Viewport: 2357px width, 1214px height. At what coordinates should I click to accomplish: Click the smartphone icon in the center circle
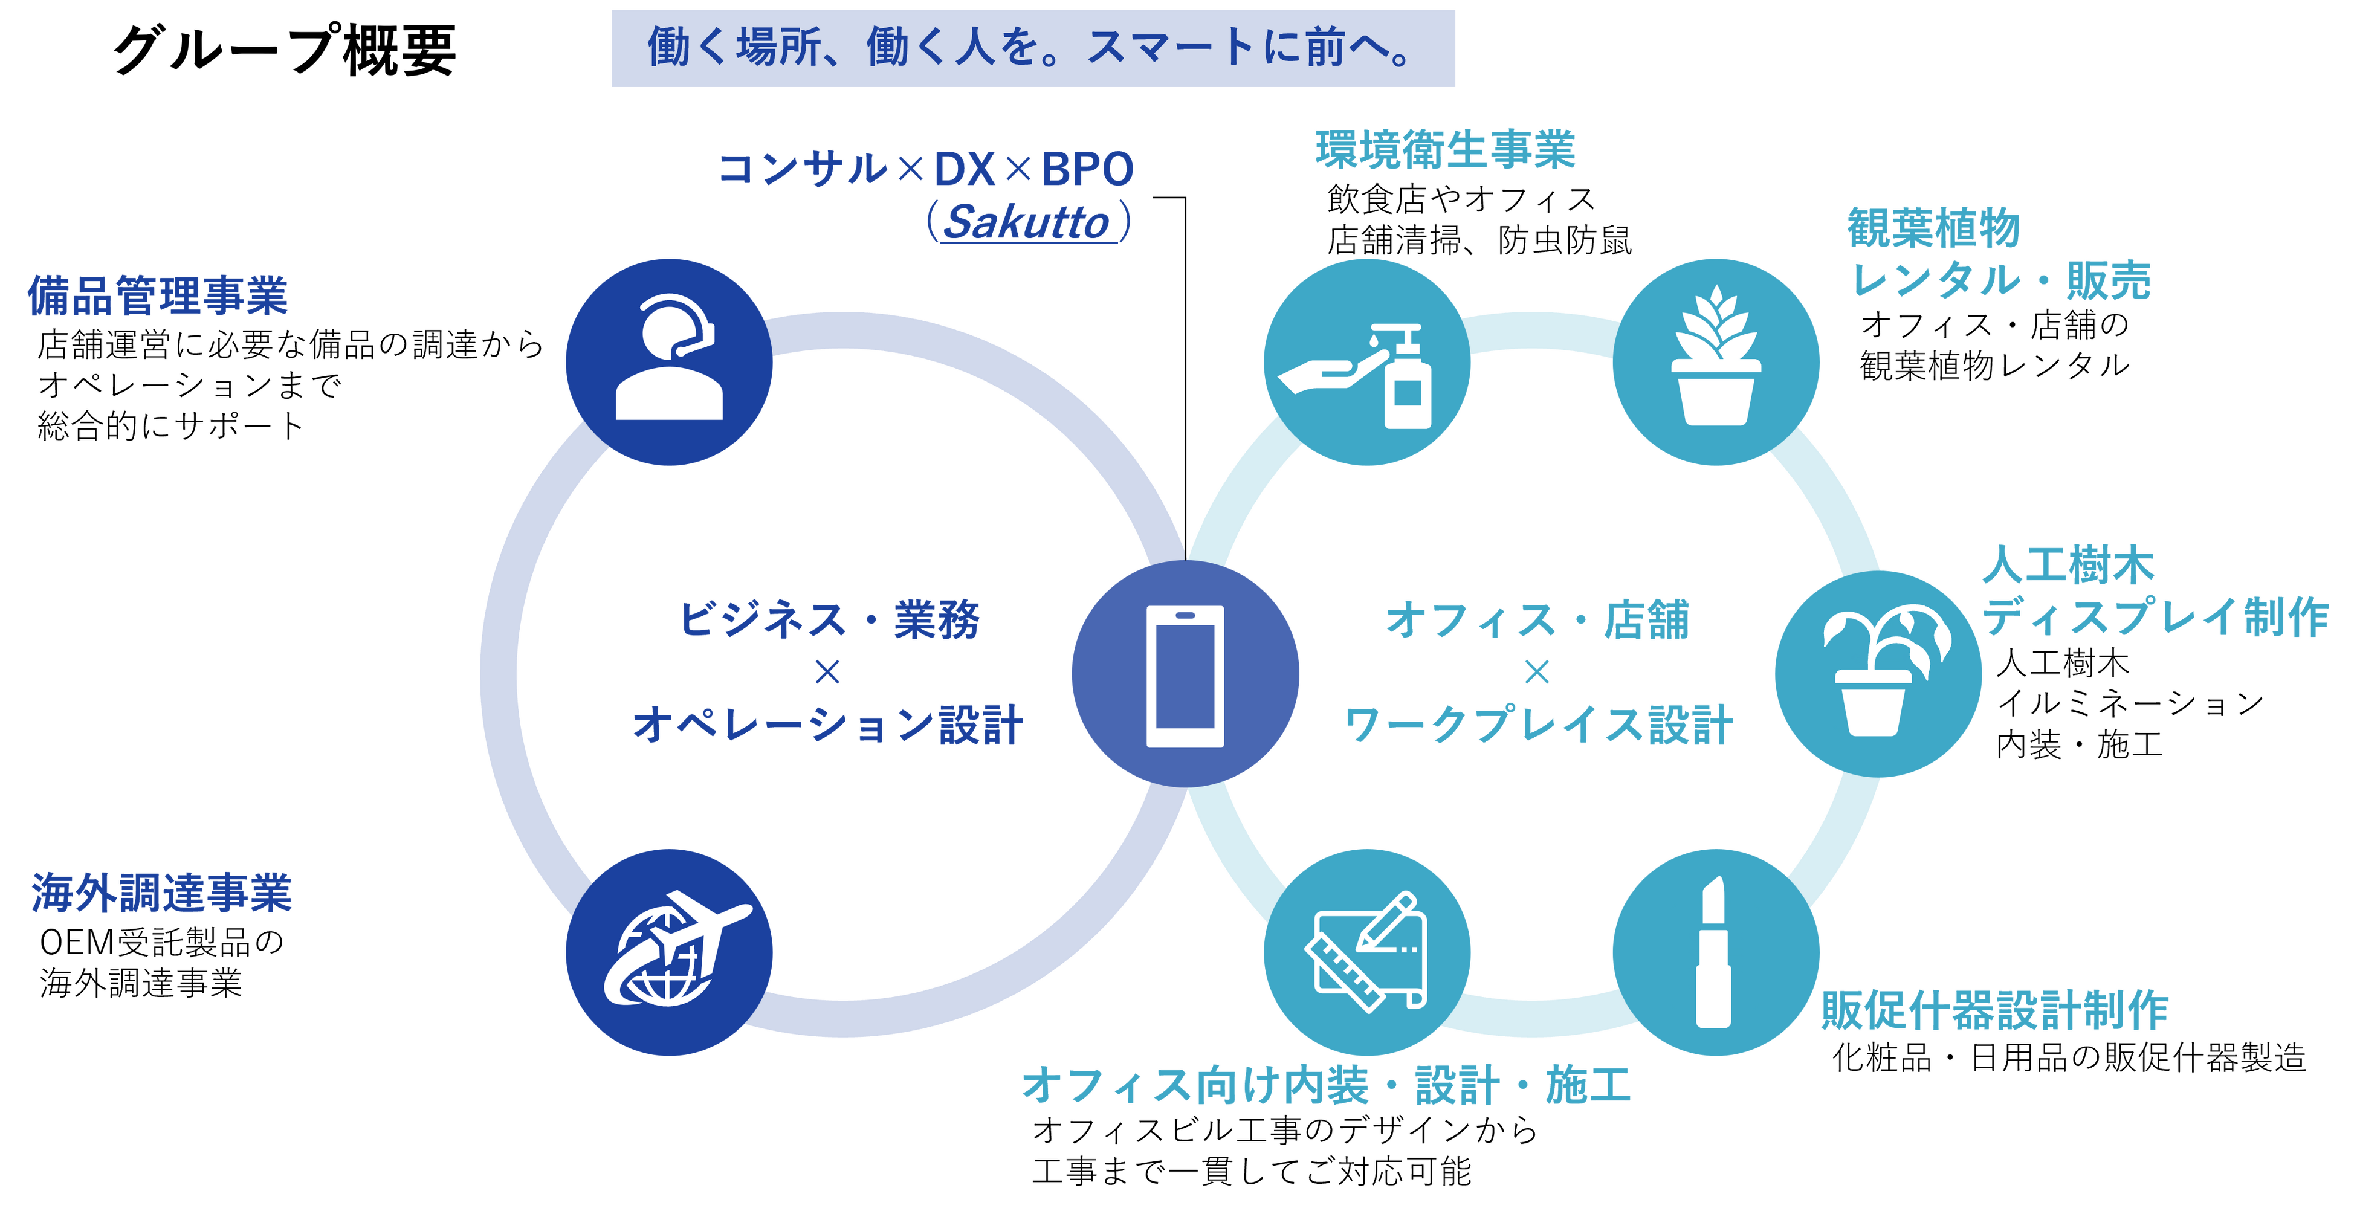pyautogui.click(x=1185, y=675)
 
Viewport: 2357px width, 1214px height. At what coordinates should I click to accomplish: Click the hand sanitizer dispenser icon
pyautogui.click(x=1366, y=376)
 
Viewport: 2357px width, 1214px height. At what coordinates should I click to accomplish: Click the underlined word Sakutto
pyautogui.click(x=1027, y=223)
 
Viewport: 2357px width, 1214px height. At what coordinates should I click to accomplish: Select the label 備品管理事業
pyautogui.click(x=157, y=295)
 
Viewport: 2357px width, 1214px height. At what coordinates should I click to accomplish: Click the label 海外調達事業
pyautogui.click(x=161, y=893)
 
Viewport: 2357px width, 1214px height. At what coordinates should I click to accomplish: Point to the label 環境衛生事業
pyautogui.click(x=1446, y=150)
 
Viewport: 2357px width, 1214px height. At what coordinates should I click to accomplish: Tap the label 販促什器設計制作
pyautogui.click(x=1994, y=1011)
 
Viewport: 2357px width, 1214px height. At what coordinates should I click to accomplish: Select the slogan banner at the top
pyautogui.click(x=1033, y=48)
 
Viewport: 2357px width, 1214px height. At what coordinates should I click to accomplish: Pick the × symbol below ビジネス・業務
pyautogui.click(x=827, y=673)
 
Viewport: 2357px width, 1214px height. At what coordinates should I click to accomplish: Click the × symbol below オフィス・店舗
pyautogui.click(x=1537, y=673)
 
